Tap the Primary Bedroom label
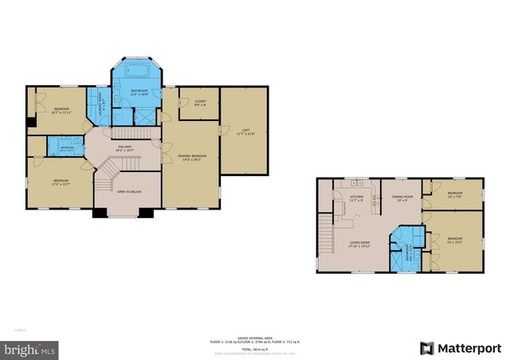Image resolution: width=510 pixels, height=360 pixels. pos(191,158)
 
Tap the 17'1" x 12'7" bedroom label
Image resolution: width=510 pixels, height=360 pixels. pos(62,182)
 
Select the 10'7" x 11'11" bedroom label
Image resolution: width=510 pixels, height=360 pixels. pos(62,110)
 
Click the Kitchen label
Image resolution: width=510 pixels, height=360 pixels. pos(356,198)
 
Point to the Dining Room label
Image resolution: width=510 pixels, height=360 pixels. pos(402,198)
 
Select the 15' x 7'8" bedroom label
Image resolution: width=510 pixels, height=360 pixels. pos(455,195)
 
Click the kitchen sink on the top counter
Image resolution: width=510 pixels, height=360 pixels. pos(352,184)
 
